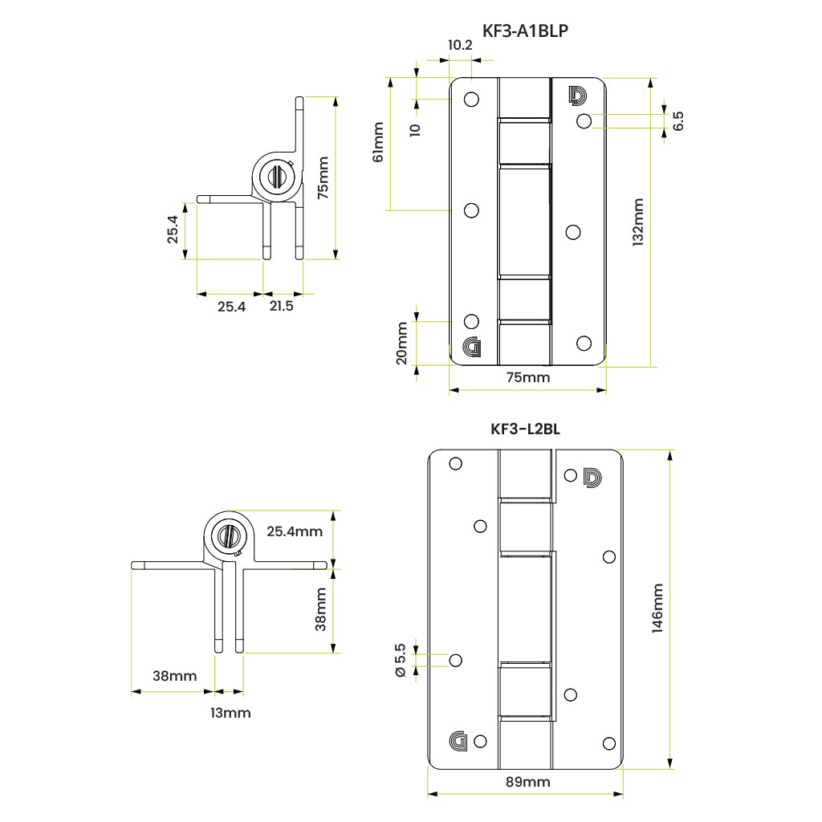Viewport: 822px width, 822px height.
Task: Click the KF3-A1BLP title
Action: click(x=526, y=31)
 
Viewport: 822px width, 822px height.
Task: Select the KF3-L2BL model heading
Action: click(x=525, y=429)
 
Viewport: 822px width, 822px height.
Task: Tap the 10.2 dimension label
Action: click(x=460, y=45)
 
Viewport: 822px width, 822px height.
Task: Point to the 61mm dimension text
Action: click(x=377, y=142)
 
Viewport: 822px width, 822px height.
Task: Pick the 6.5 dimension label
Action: click(x=678, y=121)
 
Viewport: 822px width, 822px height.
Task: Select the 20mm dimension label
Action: click(x=402, y=343)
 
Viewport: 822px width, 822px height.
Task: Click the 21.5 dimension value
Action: click(x=282, y=306)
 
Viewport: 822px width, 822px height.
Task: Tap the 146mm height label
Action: click(x=657, y=608)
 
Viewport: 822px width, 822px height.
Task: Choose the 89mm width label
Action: click(x=527, y=781)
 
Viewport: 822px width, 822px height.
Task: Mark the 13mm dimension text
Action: click(x=230, y=713)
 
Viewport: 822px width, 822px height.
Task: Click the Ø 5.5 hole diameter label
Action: click(x=401, y=661)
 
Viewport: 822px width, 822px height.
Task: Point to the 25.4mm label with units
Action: click(x=295, y=531)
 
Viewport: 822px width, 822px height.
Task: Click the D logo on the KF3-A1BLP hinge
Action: click(x=577, y=95)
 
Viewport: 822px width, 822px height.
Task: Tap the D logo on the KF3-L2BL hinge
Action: click(x=591, y=477)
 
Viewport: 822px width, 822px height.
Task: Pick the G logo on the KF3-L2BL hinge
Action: click(x=459, y=742)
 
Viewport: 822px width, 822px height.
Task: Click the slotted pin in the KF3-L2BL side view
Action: click(x=228, y=534)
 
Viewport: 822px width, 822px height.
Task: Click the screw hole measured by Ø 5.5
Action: click(x=456, y=660)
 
